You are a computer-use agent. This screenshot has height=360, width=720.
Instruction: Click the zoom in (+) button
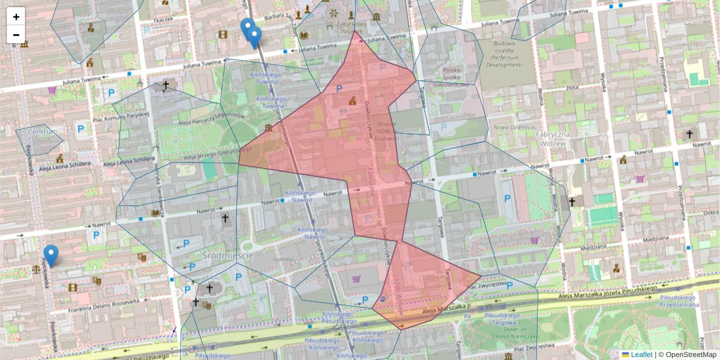tap(16, 16)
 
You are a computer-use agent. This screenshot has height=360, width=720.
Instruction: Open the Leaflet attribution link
tap(641, 355)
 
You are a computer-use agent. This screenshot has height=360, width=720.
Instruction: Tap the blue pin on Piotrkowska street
tap(51, 255)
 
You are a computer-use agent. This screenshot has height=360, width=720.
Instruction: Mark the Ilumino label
tap(281, 259)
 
